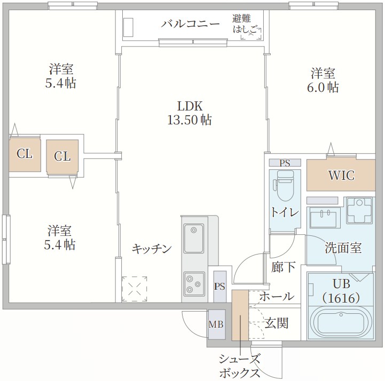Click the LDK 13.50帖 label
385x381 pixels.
point(189,113)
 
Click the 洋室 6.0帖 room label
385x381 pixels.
point(325,80)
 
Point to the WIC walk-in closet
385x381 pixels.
point(341,176)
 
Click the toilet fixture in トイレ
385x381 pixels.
point(283,189)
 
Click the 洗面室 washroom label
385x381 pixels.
point(343,248)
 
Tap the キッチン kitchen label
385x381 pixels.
point(152,249)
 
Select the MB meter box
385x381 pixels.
point(216,324)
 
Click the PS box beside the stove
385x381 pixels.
point(219,286)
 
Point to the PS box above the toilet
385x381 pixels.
point(285,163)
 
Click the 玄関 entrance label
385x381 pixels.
point(277,323)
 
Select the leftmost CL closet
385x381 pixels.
point(24,155)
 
